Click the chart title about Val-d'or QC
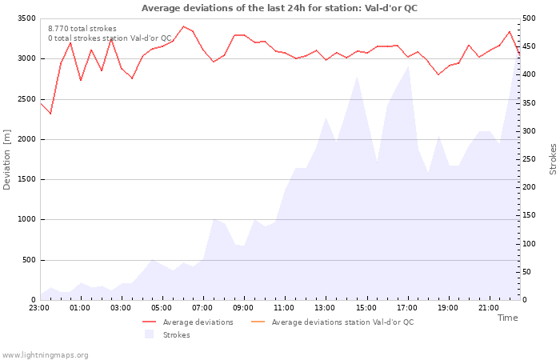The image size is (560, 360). (x=279, y=8)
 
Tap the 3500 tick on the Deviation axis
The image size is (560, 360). (x=26, y=18)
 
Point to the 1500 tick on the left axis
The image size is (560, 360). (x=26, y=179)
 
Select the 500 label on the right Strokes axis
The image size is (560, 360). (x=529, y=18)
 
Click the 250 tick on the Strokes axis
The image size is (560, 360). (x=529, y=159)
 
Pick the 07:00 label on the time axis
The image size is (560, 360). (x=202, y=308)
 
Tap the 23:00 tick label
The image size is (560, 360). (x=39, y=308)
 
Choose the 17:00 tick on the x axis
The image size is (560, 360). (x=406, y=308)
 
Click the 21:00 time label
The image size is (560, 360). (x=489, y=308)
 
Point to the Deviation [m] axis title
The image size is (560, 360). (x=6, y=159)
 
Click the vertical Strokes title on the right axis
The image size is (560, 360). (x=553, y=159)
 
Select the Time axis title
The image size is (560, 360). (x=507, y=318)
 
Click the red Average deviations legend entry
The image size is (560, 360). (x=188, y=322)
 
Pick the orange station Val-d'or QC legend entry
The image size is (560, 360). (x=333, y=322)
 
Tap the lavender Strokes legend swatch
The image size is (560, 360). (x=149, y=334)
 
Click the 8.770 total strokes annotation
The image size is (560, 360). (x=82, y=29)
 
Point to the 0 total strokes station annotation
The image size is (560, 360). (x=110, y=38)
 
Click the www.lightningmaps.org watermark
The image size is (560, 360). (x=44, y=355)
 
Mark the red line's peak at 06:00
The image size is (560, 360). (x=183, y=26)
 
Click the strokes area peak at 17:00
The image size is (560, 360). (x=408, y=66)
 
